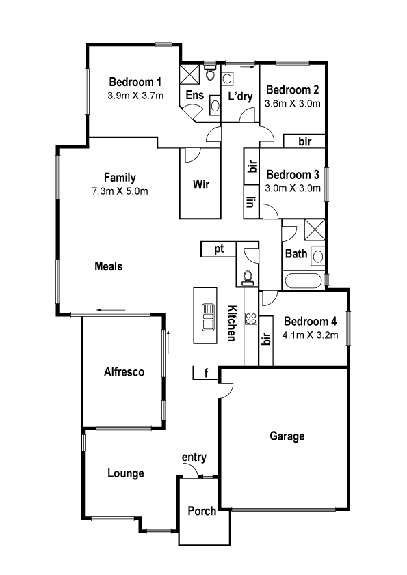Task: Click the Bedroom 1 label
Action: pyautogui.click(x=135, y=81)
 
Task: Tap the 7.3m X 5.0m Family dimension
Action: pyautogui.click(x=120, y=191)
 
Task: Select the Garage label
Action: pyautogui.click(x=287, y=436)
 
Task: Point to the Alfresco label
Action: pyautogui.click(x=124, y=372)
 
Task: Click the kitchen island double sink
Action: pyautogui.click(x=208, y=317)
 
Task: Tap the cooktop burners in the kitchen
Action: pyautogui.click(x=252, y=318)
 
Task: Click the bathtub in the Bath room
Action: pyautogui.click(x=304, y=281)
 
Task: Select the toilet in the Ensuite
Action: pyautogui.click(x=210, y=73)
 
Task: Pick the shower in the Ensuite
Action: pyautogui.click(x=189, y=74)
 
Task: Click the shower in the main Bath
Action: pyautogui.click(x=315, y=229)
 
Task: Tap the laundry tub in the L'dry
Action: pyautogui.click(x=227, y=78)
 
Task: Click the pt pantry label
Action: pyautogui.click(x=219, y=249)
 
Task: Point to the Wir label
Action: pyautogui.click(x=201, y=184)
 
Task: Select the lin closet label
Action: pyautogui.click(x=250, y=201)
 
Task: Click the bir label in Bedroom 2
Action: pyautogui.click(x=305, y=141)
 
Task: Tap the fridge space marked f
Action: pyautogui.click(x=206, y=374)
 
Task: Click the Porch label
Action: pyautogui.click(x=202, y=511)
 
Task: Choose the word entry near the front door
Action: pyautogui.click(x=194, y=458)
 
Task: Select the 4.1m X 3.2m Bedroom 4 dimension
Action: pyautogui.click(x=310, y=335)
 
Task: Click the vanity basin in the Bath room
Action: pyautogui.click(x=318, y=256)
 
